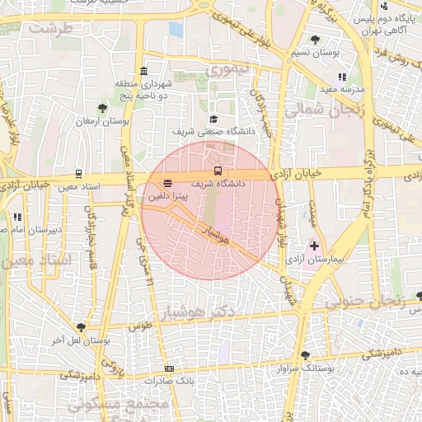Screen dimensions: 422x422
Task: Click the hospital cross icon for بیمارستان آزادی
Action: pyautogui.click(x=314, y=246)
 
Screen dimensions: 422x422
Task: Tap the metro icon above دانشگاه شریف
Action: pyautogui.click(x=218, y=171)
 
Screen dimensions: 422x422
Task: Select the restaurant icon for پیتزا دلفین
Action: pyautogui.click(x=168, y=183)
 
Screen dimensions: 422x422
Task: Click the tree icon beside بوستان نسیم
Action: pyautogui.click(x=315, y=40)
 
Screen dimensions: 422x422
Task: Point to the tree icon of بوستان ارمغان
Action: pyautogui.click(x=102, y=108)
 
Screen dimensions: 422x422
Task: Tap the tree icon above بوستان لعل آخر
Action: pyautogui.click(x=80, y=327)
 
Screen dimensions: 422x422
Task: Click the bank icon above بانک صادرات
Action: pyautogui.click(x=170, y=368)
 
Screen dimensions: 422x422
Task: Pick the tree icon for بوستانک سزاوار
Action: pyautogui.click(x=305, y=355)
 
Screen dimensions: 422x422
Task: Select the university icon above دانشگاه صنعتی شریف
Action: pyautogui.click(x=213, y=119)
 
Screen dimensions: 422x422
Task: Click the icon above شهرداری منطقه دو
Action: pyautogui.click(x=144, y=70)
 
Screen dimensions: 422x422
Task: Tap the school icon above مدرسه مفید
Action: pyautogui.click(x=341, y=77)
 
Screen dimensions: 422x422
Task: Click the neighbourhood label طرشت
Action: pyautogui.click(x=50, y=28)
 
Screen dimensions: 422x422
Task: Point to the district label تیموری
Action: pyautogui.click(x=227, y=70)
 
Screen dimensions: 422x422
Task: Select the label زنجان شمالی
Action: pyautogui.click(x=318, y=110)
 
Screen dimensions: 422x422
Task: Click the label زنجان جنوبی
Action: pyautogui.click(x=363, y=302)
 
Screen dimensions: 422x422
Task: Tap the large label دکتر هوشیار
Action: pyautogui.click(x=223, y=312)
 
